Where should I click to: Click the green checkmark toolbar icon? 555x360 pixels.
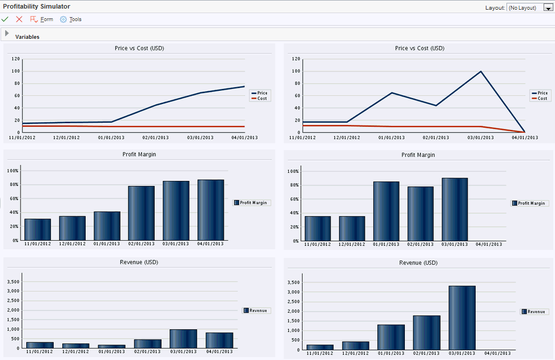pyautogui.click(x=5, y=19)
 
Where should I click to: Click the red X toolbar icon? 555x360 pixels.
pyautogui.click(x=19, y=19)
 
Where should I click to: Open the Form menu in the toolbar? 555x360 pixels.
pyautogui.click(x=42, y=19)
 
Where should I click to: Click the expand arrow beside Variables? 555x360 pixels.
pyautogui.click(x=7, y=34)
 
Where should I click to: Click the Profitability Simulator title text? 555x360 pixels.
pyautogui.click(x=37, y=6)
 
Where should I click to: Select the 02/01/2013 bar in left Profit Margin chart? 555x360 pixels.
pyautogui.click(x=141, y=213)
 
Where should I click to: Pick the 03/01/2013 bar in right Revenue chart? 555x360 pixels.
pyautogui.click(x=462, y=317)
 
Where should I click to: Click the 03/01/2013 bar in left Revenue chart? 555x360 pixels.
pyautogui.click(x=183, y=338)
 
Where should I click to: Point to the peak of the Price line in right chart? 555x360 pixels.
pyautogui.click(x=481, y=71)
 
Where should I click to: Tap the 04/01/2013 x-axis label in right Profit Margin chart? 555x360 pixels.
pyautogui.click(x=489, y=244)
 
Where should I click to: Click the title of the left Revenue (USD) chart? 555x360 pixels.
pyautogui.click(x=139, y=262)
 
